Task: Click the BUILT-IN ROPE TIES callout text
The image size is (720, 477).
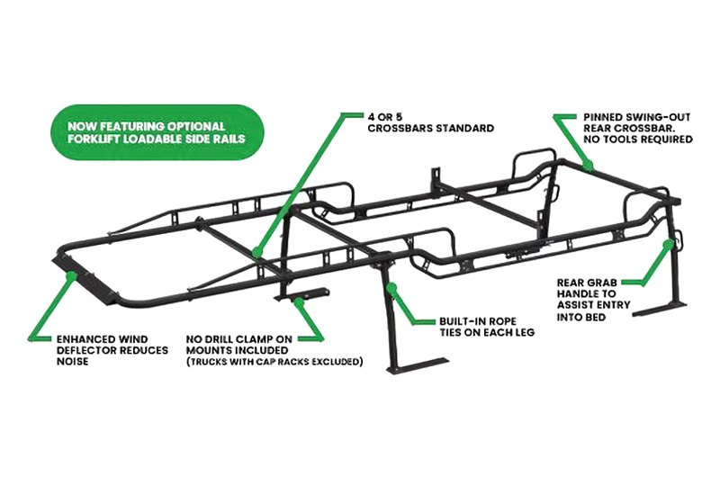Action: (x=485, y=327)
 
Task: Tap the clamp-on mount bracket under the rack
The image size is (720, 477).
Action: (x=301, y=298)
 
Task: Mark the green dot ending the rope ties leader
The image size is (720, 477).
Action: (x=391, y=286)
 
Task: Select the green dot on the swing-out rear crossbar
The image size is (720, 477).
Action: (x=586, y=166)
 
